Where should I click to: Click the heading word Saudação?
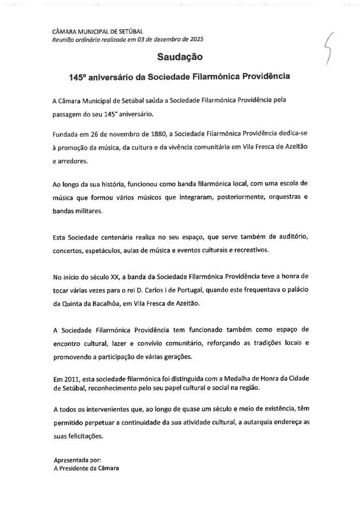point(180,58)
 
